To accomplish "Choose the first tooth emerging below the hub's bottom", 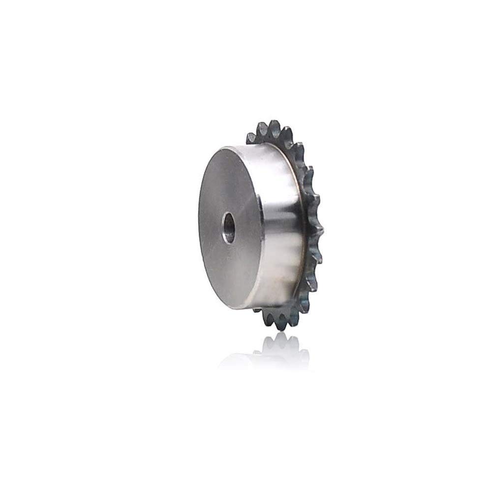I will [258, 310].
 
